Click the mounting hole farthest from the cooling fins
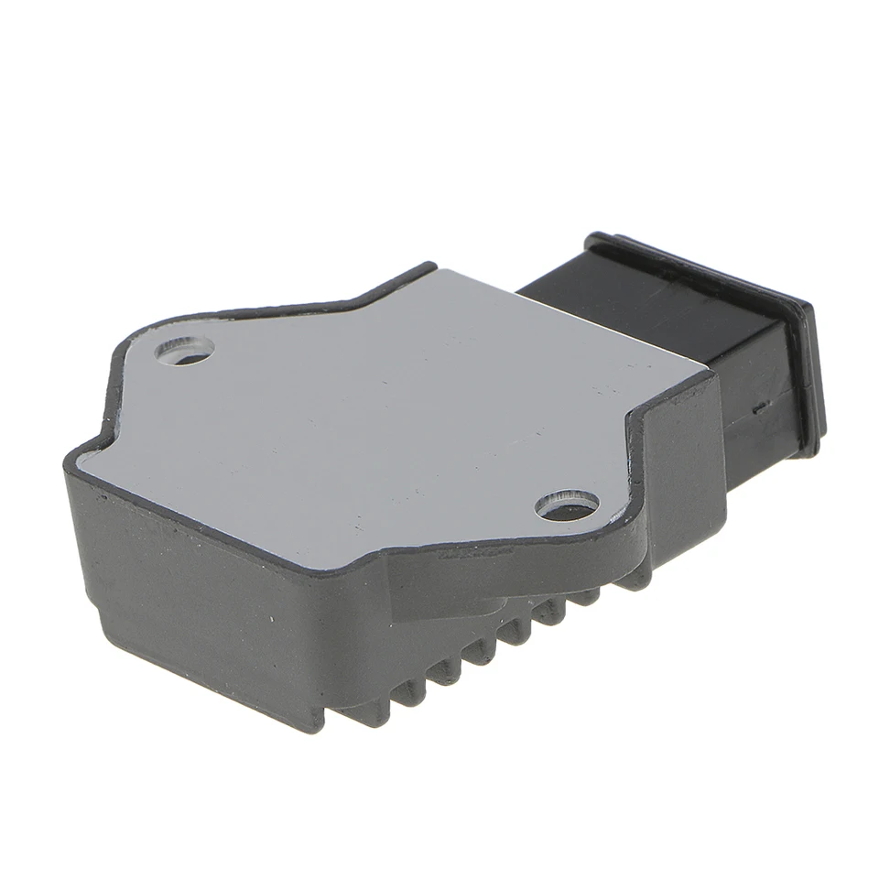185,351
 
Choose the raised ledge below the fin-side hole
513,554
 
